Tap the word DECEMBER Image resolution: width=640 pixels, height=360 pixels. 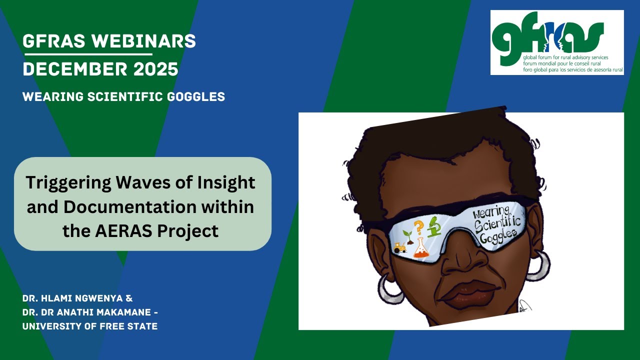[x=75, y=69]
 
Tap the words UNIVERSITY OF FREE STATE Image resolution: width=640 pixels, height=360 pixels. [x=90, y=326]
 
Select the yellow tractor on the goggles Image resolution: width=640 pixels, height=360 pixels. [x=400, y=247]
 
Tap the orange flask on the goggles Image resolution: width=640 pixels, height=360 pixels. [x=421, y=247]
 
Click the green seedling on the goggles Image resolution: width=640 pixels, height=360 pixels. [x=407, y=234]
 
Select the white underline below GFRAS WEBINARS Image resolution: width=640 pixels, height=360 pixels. [x=87, y=53]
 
